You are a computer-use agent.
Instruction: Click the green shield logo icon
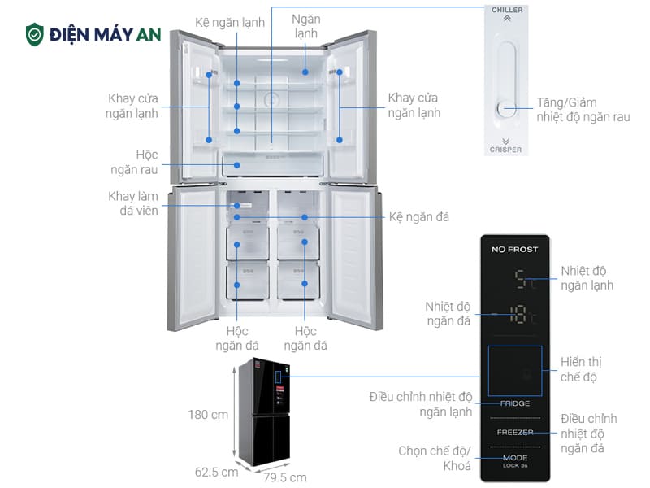click(35, 34)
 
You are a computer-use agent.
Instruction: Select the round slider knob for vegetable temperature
click(506, 109)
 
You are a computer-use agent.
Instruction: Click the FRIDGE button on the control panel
click(514, 403)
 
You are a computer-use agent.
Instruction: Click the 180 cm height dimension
click(208, 414)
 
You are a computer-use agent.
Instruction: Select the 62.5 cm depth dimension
click(217, 471)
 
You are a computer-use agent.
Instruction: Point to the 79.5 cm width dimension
click(285, 477)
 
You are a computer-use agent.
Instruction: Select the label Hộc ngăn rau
click(134, 162)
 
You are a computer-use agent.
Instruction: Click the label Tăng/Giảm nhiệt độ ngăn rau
click(583, 111)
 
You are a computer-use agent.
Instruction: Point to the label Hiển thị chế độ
click(581, 369)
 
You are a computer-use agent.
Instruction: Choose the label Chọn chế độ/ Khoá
click(435, 459)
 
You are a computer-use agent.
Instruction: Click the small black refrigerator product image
click(269, 411)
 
